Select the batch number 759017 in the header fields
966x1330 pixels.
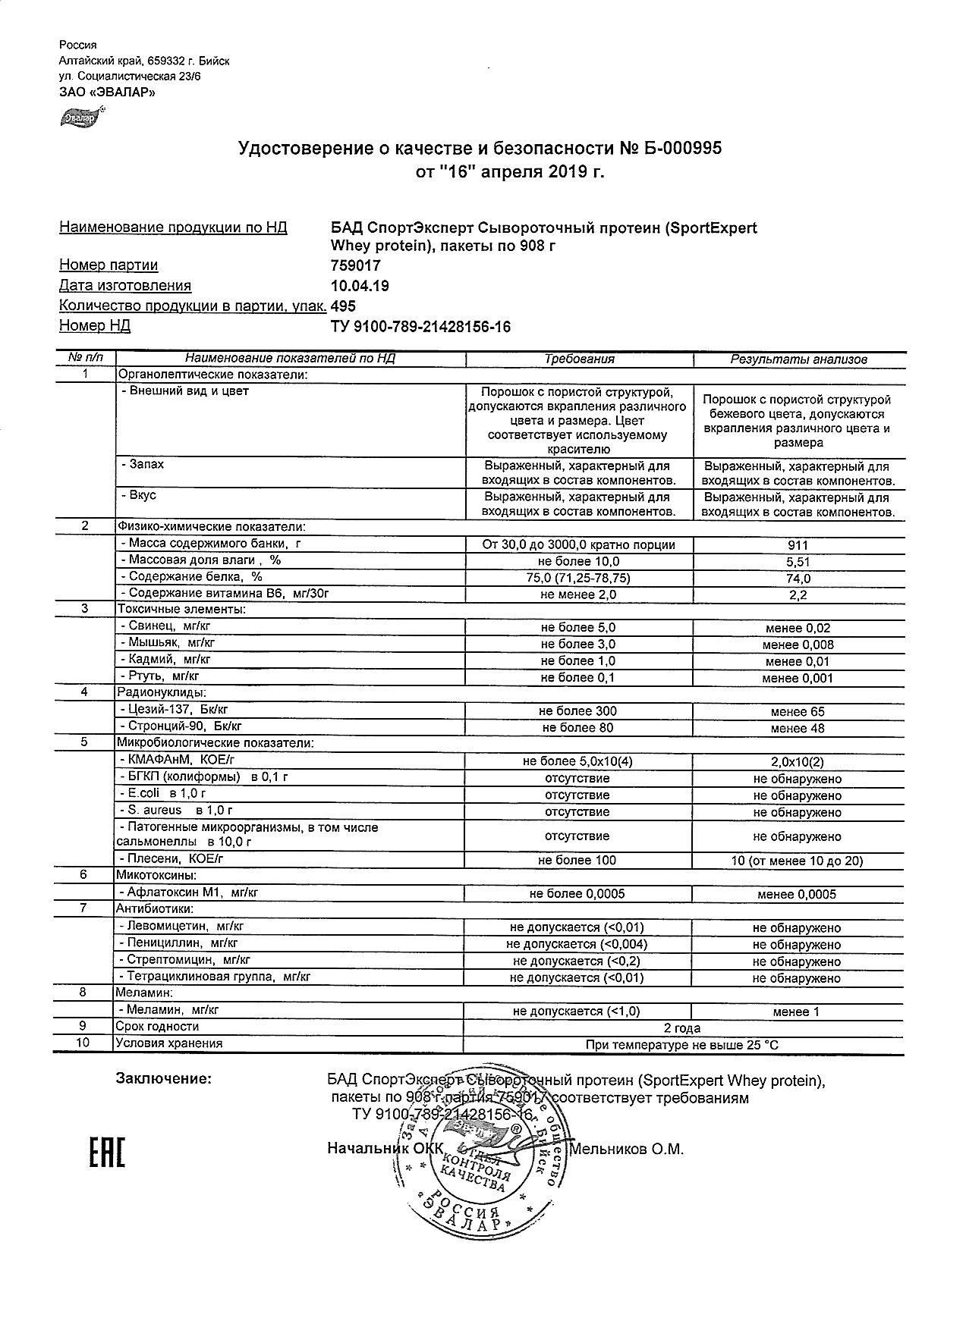[356, 265]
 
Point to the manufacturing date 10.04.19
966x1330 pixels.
[360, 286]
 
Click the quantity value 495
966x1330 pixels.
[343, 306]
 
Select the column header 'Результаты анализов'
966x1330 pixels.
[798, 359]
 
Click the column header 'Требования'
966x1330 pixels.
[579, 359]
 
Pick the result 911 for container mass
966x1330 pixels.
[798, 545]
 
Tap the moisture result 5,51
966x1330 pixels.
[798, 562]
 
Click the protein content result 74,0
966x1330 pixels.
[798, 579]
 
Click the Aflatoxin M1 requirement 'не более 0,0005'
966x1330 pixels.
[577, 894]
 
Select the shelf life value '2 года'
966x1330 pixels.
[682, 1028]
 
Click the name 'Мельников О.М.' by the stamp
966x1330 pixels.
[627, 1150]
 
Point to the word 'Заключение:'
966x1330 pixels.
[163, 1079]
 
